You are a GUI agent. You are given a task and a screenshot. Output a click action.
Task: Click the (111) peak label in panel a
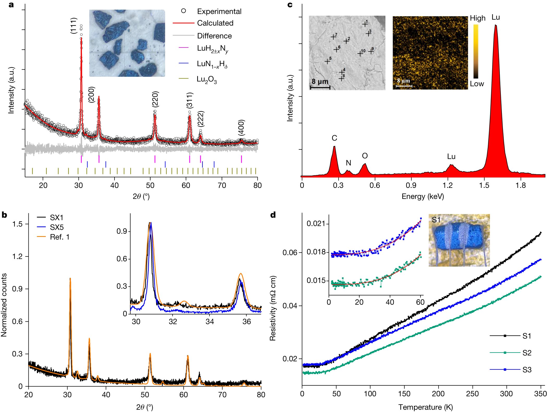(74, 26)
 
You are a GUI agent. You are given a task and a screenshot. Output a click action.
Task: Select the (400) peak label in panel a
(241, 128)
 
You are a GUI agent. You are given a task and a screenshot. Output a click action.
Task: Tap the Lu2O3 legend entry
(206, 79)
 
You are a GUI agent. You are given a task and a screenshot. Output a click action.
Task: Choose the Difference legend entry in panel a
(214, 36)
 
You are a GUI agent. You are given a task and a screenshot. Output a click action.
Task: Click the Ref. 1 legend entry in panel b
(59, 237)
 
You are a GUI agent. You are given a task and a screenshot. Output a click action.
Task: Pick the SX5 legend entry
(57, 227)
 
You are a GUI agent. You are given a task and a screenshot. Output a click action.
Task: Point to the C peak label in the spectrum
(334, 138)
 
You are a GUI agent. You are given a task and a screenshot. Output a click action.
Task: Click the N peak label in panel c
(348, 163)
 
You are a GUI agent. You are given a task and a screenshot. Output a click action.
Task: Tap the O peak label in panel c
(365, 156)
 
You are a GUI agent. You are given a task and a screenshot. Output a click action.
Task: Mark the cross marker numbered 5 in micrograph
(327, 61)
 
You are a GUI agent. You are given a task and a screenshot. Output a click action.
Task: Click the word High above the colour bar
(477, 18)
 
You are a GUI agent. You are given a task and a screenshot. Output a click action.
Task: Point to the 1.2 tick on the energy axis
(448, 185)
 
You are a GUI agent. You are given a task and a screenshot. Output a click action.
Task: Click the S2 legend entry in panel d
(526, 353)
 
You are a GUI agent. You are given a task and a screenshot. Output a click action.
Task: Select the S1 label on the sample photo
(436, 220)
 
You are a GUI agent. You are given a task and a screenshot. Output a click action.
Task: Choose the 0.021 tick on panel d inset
(316, 223)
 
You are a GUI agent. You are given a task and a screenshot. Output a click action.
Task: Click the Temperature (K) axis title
(425, 407)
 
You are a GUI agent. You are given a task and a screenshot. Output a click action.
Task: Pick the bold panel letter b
(4, 215)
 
